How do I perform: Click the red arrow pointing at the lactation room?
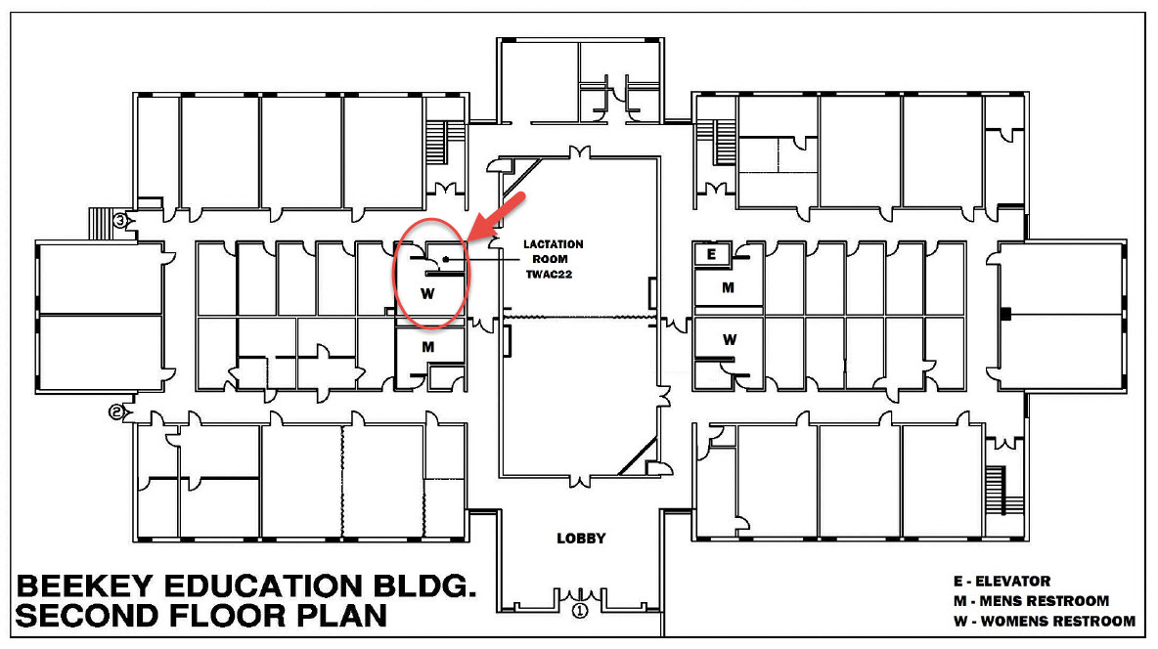pyautogui.click(x=497, y=217)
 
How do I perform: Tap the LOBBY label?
pyautogui.click(x=581, y=539)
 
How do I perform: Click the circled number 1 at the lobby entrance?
pyautogui.click(x=581, y=611)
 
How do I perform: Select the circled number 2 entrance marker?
pyautogui.click(x=116, y=412)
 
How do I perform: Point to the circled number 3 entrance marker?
pyautogui.click(x=119, y=219)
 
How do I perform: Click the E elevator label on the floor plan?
pyautogui.click(x=711, y=255)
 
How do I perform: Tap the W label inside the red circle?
pyautogui.click(x=427, y=294)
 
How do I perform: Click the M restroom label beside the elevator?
pyautogui.click(x=729, y=287)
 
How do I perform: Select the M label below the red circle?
pyautogui.click(x=428, y=346)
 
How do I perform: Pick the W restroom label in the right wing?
pyautogui.click(x=730, y=339)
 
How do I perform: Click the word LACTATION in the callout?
pyautogui.click(x=554, y=244)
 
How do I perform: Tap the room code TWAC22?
pyautogui.click(x=549, y=275)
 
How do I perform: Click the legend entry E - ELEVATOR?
pyautogui.click(x=1002, y=582)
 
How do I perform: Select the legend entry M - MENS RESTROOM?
pyautogui.click(x=1031, y=601)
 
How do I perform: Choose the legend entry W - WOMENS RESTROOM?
pyautogui.click(x=1045, y=621)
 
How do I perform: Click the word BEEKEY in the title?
pyautogui.click(x=85, y=586)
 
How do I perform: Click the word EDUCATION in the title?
pyautogui.click(x=265, y=586)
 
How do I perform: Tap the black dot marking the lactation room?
pyautogui.click(x=446, y=259)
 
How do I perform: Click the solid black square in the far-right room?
pyautogui.click(x=1005, y=314)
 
